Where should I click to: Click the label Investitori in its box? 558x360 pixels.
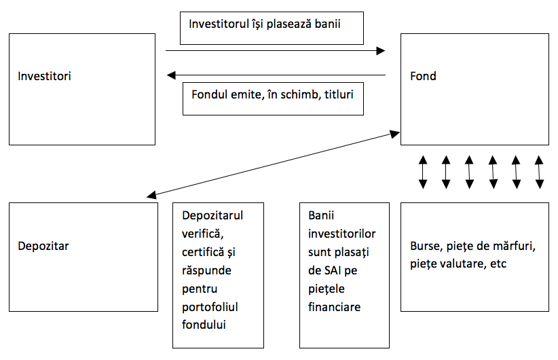(x=44, y=76)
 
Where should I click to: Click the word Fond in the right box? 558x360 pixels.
(x=423, y=76)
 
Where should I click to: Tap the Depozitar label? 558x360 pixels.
(x=43, y=245)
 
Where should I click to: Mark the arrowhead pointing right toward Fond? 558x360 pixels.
(x=381, y=51)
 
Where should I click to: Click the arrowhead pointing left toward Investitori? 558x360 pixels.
(x=170, y=75)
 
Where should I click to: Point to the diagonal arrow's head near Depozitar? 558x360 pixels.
(x=151, y=195)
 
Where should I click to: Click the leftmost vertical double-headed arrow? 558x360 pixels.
(x=423, y=172)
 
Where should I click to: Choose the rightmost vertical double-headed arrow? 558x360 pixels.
(x=539, y=172)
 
